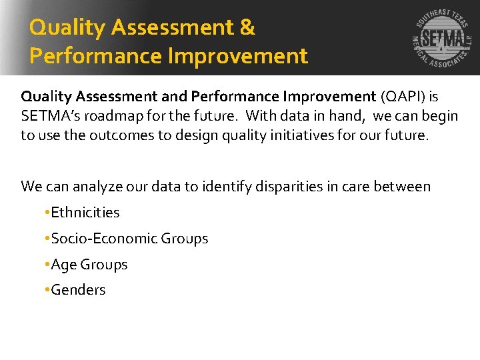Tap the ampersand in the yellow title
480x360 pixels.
tap(245, 28)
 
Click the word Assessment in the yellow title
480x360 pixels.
tap(171, 28)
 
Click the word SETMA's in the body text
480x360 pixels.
tap(52, 116)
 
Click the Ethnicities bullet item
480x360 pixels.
tap(85, 213)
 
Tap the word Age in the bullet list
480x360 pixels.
tap(63, 265)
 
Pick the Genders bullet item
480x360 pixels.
tap(78, 290)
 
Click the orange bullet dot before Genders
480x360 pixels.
tap(47, 291)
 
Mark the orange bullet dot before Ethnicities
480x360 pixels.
tap(47, 213)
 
